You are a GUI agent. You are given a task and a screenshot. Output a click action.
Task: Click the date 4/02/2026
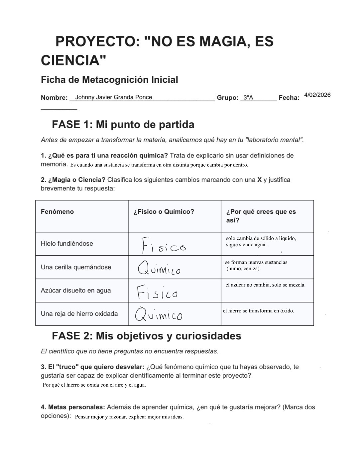[x=317, y=95]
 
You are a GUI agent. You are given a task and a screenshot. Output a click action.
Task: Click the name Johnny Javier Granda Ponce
[x=114, y=97]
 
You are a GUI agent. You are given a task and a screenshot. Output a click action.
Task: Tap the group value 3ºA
[x=248, y=97]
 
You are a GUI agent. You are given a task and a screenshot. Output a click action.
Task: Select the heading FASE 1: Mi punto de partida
[x=123, y=125]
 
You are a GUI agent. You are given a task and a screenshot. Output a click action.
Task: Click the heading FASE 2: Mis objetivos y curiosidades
[x=146, y=336]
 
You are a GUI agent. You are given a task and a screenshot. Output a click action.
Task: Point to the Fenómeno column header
[x=57, y=212]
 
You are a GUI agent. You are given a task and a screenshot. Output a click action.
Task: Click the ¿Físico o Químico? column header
[x=164, y=212]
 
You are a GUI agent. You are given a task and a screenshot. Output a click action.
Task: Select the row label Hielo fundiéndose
[x=67, y=244]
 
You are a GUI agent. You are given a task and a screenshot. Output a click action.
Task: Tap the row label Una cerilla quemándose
[x=76, y=267]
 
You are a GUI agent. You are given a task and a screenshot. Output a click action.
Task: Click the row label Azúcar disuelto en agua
[x=75, y=291]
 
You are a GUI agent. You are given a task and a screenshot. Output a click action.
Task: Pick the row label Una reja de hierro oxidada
[x=79, y=314]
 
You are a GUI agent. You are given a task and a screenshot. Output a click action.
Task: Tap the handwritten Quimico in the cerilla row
[x=159, y=268]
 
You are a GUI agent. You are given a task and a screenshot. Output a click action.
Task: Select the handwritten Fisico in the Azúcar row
[x=157, y=292]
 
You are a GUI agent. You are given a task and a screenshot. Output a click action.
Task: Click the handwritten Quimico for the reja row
[x=159, y=314]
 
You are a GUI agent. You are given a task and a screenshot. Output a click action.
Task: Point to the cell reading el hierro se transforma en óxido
[x=258, y=311]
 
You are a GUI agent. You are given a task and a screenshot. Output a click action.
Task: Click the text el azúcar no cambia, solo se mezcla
[x=265, y=285]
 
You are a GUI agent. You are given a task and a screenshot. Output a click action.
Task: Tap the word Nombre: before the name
[x=54, y=98]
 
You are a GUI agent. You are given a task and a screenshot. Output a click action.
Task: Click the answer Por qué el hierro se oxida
[x=94, y=385]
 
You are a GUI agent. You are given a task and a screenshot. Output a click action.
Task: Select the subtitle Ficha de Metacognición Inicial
[x=109, y=80]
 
